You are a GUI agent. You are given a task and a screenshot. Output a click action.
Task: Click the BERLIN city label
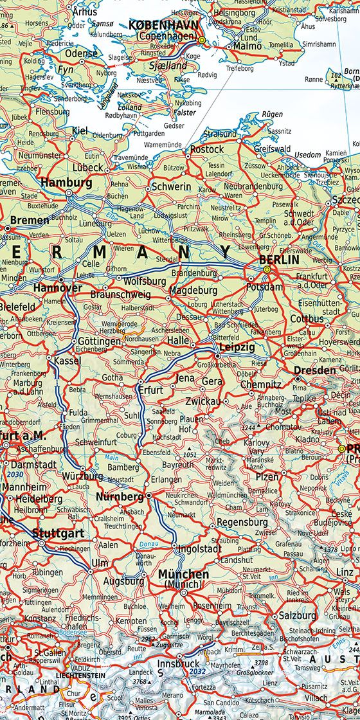pyautogui.click(x=278, y=260)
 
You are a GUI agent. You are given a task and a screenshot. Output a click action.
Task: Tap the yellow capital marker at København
pyautogui.click(x=201, y=40)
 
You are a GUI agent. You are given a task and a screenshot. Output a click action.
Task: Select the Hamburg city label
pyautogui.click(x=66, y=183)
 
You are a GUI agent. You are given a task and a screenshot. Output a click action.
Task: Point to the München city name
pyautogui.click(x=183, y=574)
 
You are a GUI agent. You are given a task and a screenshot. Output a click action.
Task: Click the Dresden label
pyautogui.click(x=315, y=371)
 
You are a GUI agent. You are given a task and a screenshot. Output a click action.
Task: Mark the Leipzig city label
pyautogui.click(x=237, y=347)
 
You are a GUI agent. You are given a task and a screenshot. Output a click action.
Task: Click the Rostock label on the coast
pyautogui.click(x=207, y=149)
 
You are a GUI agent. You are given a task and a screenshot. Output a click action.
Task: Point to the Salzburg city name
pyautogui.click(x=298, y=615)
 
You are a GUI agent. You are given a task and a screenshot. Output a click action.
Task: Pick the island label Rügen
pyautogui.click(x=273, y=114)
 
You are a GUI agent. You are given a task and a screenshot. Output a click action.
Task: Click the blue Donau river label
pyautogui.click(x=148, y=545)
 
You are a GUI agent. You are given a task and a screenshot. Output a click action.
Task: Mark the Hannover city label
pyautogui.click(x=58, y=288)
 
